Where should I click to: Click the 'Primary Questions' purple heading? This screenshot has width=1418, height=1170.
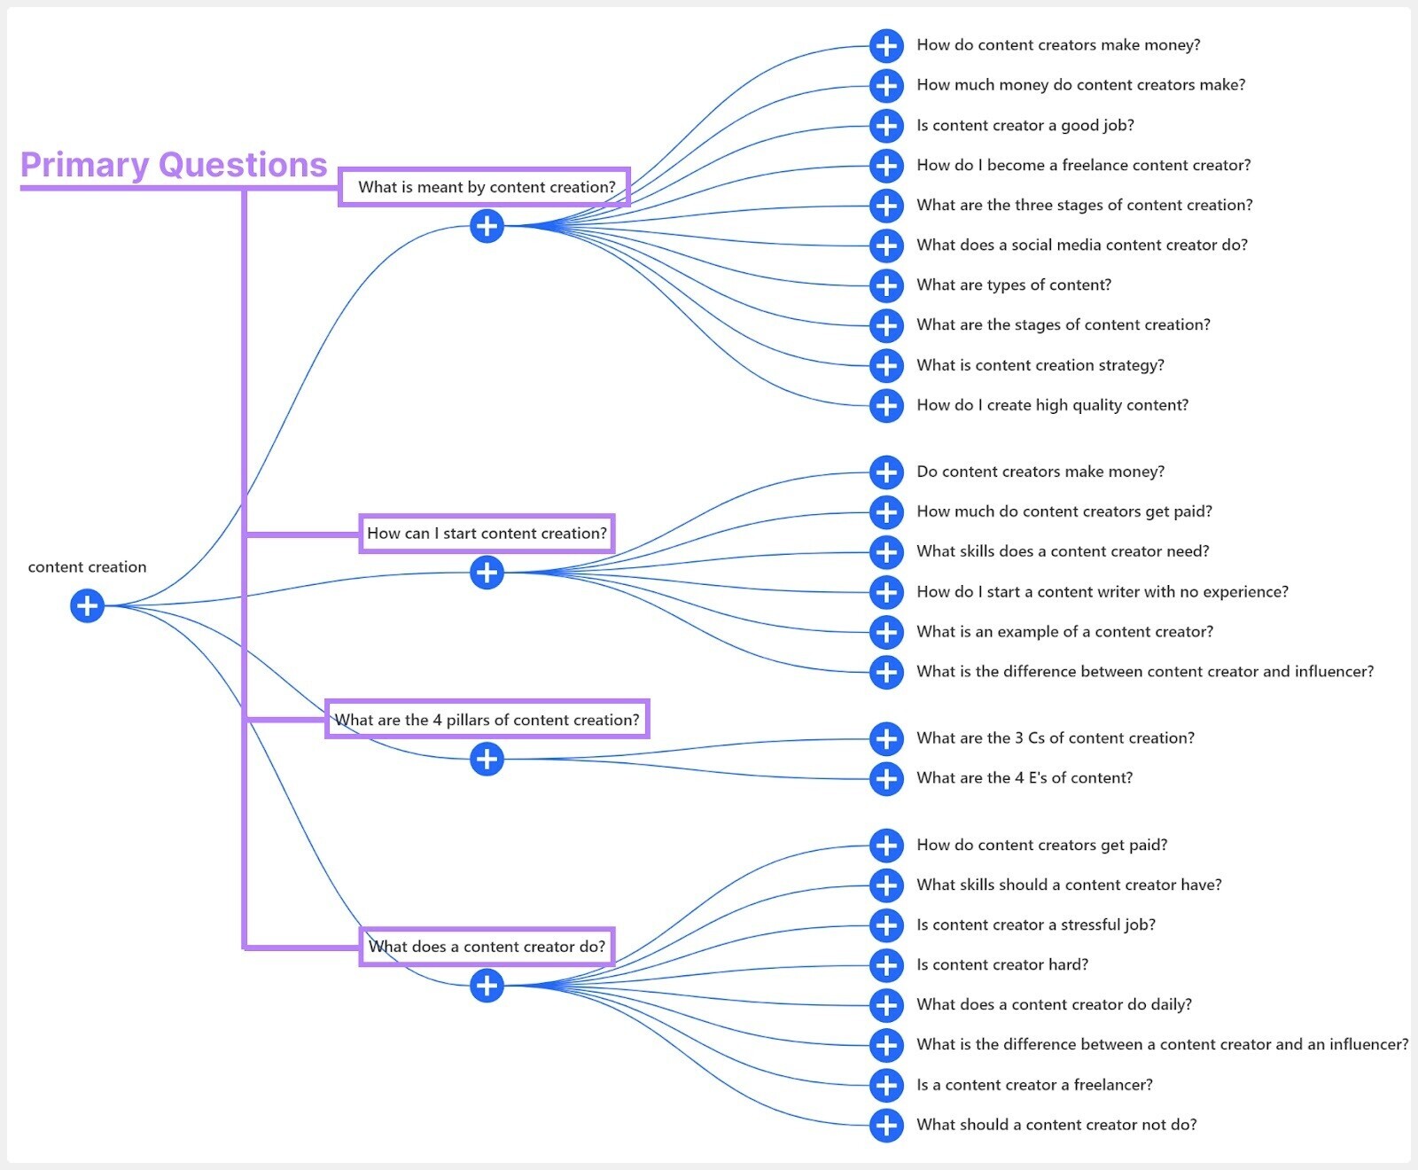click(x=174, y=166)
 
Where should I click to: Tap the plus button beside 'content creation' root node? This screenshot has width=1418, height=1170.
click(x=87, y=606)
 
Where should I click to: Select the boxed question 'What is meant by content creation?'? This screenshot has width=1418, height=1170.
click(x=486, y=187)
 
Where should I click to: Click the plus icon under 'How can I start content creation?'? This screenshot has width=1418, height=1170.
click(x=487, y=573)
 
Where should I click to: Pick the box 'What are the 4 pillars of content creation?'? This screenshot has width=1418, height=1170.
click(x=487, y=720)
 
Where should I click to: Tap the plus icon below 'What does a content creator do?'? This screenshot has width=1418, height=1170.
click(x=487, y=986)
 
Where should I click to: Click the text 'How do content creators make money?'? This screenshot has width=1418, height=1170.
click(x=1058, y=45)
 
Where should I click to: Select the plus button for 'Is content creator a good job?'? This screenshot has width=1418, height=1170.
click(x=886, y=126)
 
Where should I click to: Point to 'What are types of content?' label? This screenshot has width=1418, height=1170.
click(x=1014, y=285)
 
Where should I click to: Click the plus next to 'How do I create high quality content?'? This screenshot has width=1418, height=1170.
click(x=886, y=406)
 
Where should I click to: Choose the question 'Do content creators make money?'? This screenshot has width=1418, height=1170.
click(x=1040, y=472)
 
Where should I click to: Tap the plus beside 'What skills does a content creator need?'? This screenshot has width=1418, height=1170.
click(x=886, y=552)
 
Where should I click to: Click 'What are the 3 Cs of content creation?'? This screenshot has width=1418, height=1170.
click(x=1056, y=738)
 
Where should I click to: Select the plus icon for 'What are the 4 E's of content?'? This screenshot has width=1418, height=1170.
click(x=886, y=779)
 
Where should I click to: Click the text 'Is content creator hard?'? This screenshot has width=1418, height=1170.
click(x=1002, y=965)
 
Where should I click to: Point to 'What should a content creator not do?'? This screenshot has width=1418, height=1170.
click(x=1056, y=1125)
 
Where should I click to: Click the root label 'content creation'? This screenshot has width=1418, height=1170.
click(x=87, y=567)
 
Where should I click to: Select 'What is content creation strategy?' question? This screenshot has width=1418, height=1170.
click(x=1040, y=365)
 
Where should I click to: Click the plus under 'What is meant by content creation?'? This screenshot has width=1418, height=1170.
click(x=487, y=226)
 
